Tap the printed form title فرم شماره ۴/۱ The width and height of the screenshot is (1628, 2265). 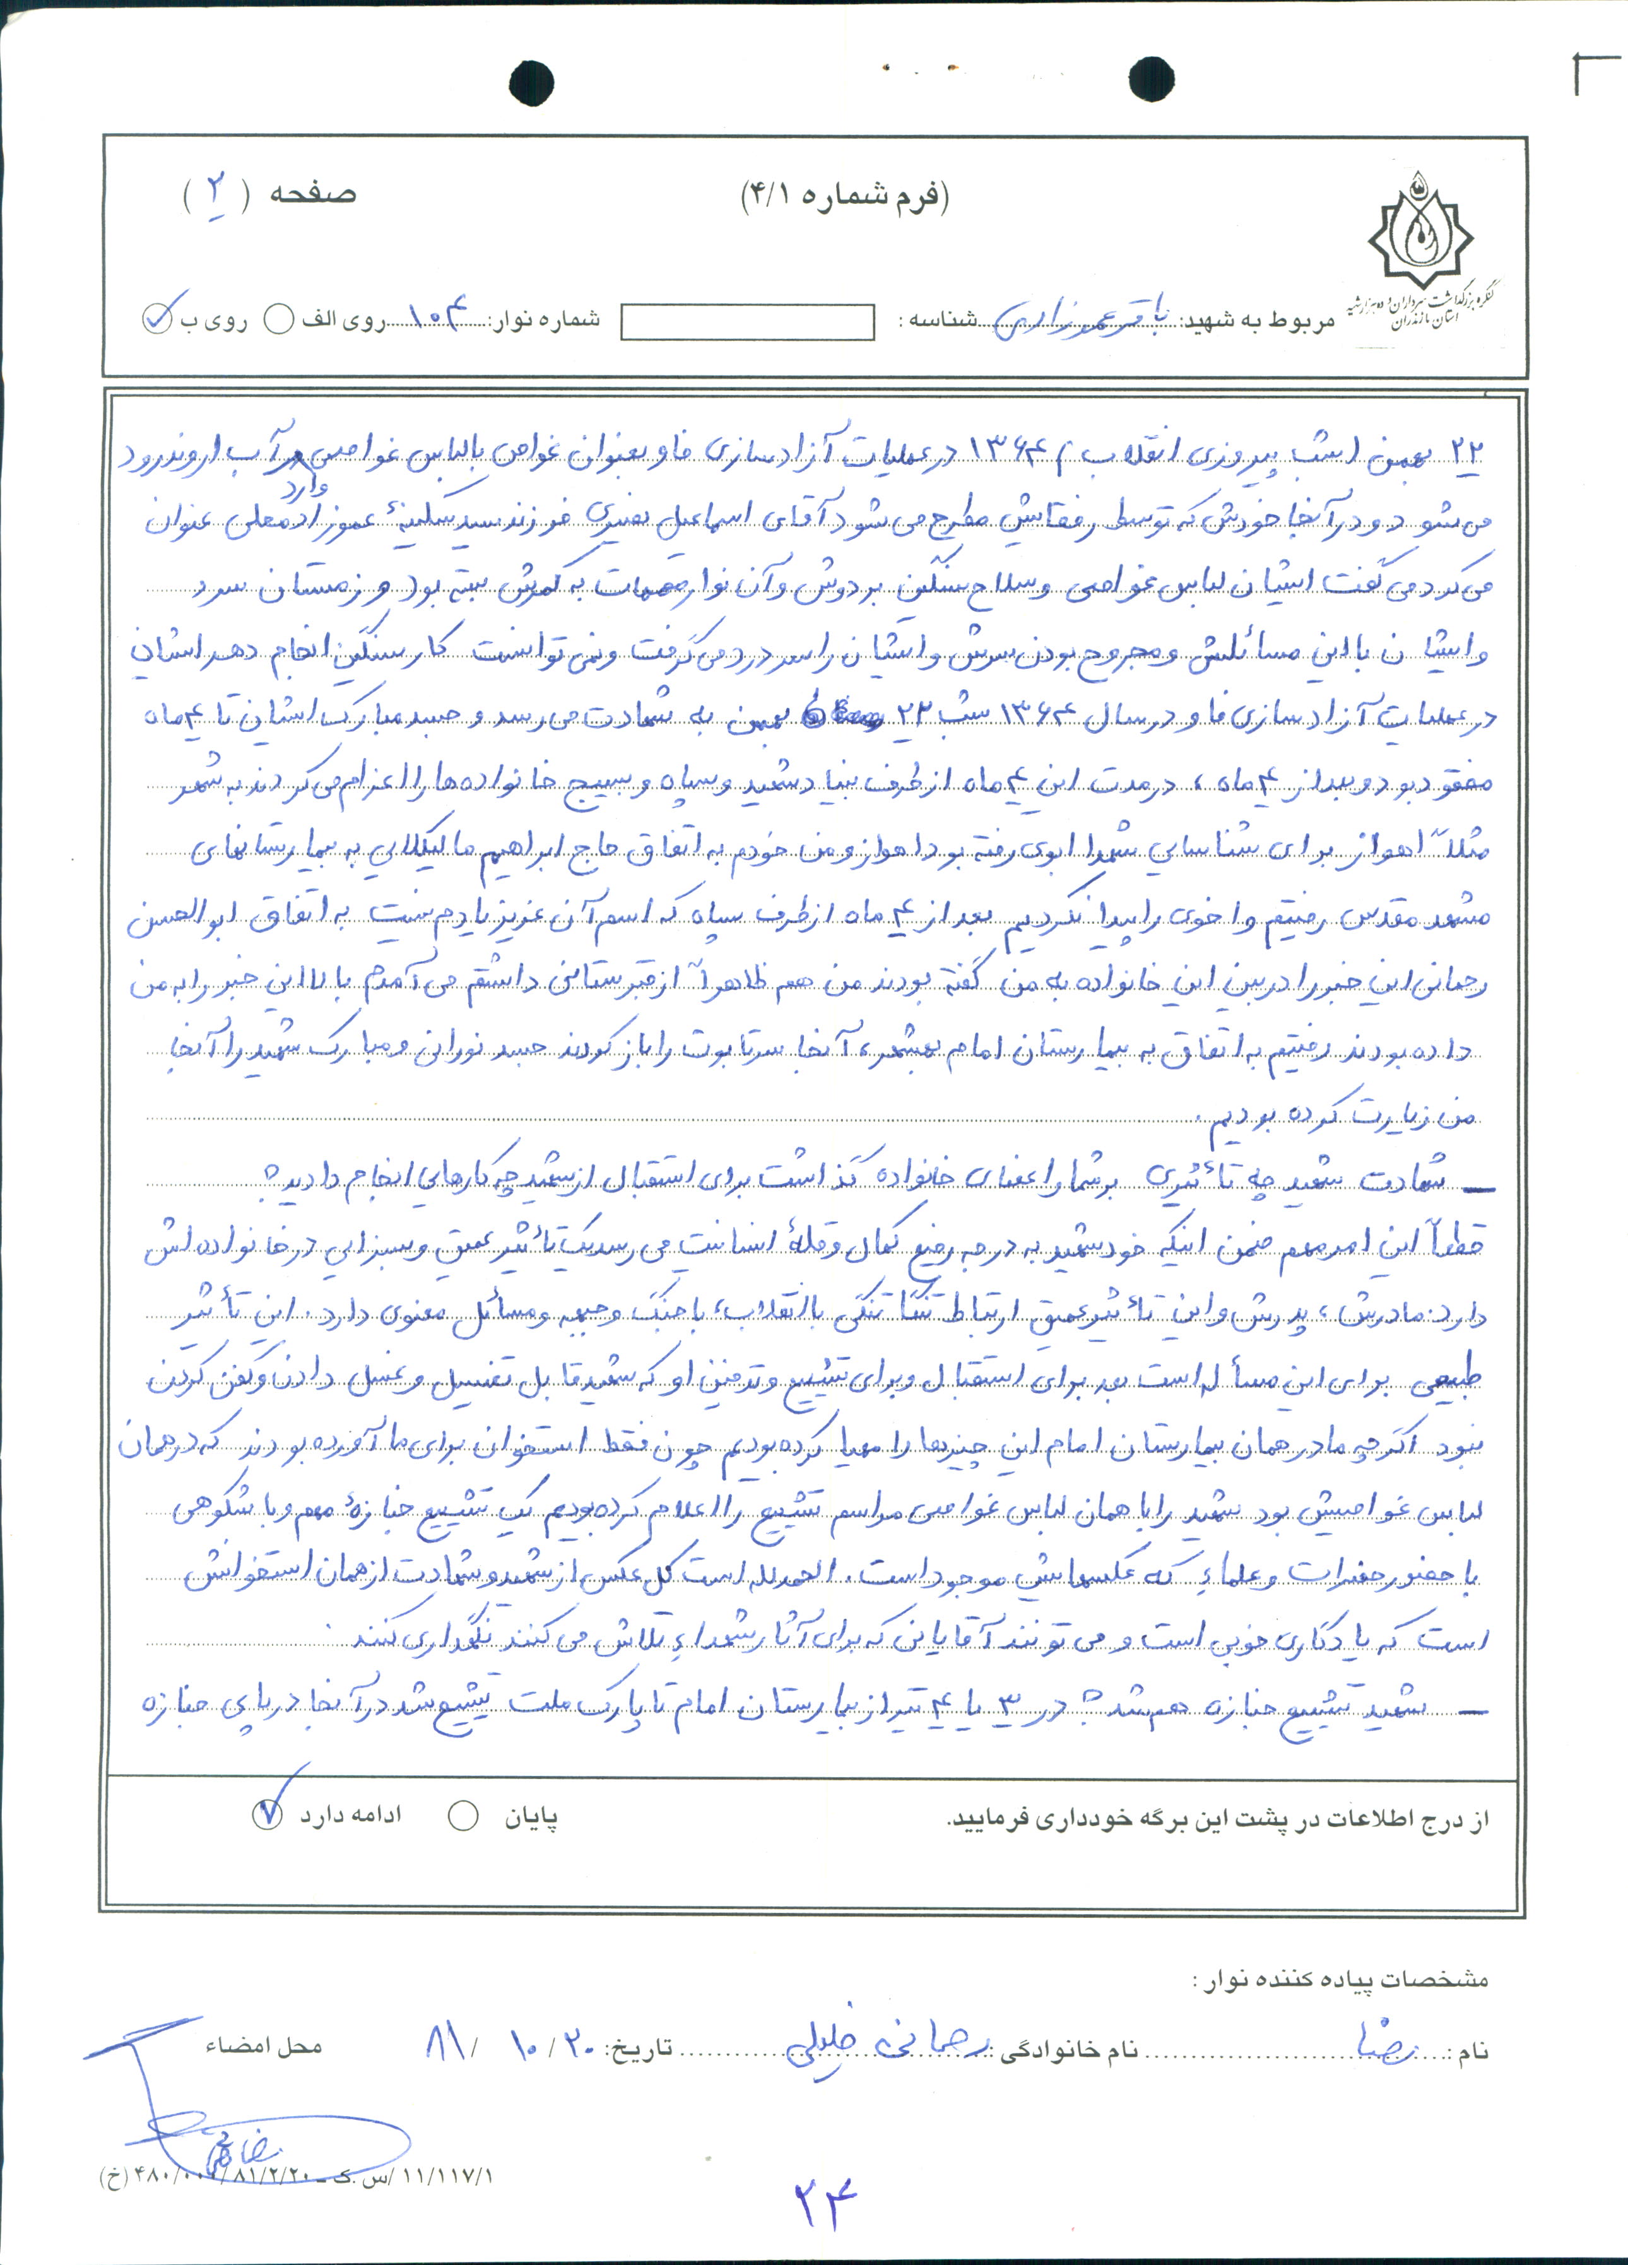coord(844,195)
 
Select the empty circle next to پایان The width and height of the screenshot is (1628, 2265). coord(463,1816)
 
